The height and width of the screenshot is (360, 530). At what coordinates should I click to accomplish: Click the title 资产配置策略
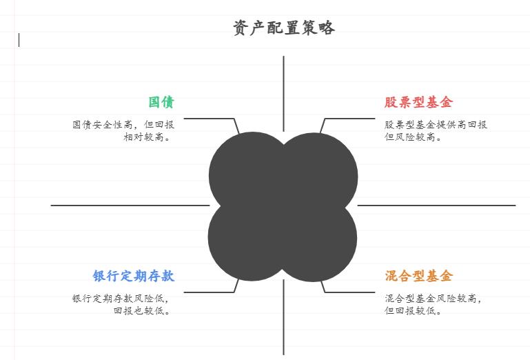point(284,28)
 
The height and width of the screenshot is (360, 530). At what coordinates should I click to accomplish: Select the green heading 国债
point(161,103)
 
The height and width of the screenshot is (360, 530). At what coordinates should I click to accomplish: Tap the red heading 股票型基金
point(418,103)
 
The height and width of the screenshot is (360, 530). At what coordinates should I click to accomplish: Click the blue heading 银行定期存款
point(134,277)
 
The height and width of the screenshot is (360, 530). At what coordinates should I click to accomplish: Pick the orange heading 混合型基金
point(418,277)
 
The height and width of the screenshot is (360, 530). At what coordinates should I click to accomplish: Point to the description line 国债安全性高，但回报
point(123,125)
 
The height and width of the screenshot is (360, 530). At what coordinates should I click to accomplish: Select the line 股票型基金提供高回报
point(436,125)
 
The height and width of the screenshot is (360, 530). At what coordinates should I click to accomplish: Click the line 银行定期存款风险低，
point(121,299)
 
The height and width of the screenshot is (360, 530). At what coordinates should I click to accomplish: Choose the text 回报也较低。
point(143,310)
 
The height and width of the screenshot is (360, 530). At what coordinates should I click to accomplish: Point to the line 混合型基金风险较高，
point(434,299)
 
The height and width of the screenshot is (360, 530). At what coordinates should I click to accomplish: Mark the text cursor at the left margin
point(19,40)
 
